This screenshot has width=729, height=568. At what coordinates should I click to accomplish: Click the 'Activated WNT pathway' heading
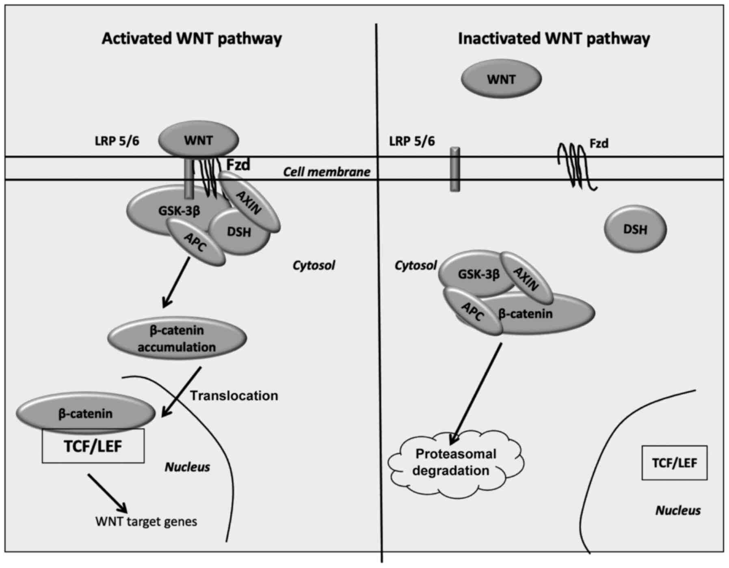coord(191,39)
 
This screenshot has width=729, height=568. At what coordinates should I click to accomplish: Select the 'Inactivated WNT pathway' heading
coord(554,39)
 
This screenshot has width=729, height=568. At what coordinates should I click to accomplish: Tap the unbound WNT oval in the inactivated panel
coord(501,79)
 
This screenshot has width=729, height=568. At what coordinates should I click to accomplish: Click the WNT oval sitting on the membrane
coord(198,140)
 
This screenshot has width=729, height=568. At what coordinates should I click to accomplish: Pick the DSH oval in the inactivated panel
coord(635,230)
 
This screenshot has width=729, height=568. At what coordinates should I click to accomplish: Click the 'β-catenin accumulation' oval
coord(177,338)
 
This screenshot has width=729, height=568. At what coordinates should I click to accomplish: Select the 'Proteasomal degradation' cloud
coord(456,462)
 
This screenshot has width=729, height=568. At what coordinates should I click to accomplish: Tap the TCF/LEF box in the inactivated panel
coord(674,463)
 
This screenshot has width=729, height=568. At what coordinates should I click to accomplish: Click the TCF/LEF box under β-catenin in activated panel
coord(93,447)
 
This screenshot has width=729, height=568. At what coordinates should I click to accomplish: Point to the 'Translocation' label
coord(234,395)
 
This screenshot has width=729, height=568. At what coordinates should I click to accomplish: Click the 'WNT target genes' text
coord(146,521)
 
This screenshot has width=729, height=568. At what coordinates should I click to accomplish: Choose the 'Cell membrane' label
coord(327,172)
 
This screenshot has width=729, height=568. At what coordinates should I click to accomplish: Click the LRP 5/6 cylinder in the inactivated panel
coord(455,169)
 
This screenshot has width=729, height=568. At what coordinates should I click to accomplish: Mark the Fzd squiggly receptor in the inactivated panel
coord(576,167)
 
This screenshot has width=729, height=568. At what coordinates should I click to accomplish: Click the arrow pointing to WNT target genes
coord(108,493)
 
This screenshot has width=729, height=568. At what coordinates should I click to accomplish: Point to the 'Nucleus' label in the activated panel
coord(187,467)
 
